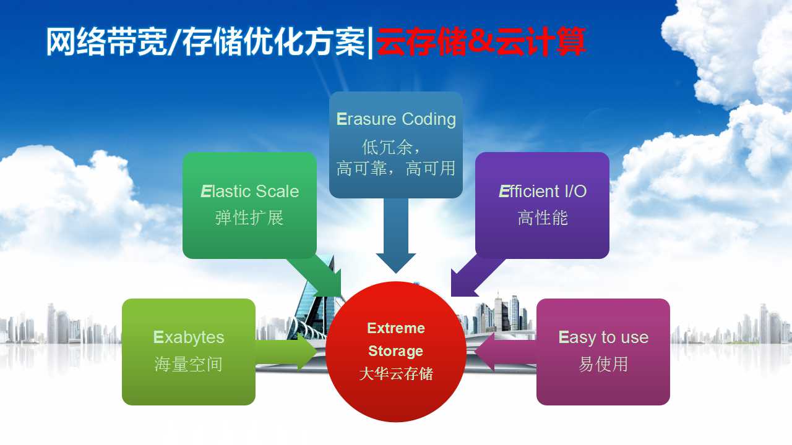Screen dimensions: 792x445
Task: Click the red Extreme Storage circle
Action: (x=395, y=352)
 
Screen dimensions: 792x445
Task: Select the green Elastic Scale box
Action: (x=249, y=205)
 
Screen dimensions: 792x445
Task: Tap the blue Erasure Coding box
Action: (x=396, y=145)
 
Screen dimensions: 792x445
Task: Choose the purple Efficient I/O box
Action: (x=542, y=205)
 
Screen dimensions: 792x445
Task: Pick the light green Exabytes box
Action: (x=189, y=352)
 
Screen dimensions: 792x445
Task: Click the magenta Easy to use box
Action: (x=603, y=352)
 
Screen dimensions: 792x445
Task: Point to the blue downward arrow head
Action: (x=396, y=263)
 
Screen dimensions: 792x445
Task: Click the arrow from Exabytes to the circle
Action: (x=286, y=352)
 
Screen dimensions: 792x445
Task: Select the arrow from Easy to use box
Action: (x=506, y=352)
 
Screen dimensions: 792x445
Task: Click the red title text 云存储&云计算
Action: (x=481, y=41)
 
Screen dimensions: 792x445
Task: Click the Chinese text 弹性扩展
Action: (x=249, y=218)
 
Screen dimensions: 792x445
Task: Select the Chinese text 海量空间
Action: (x=189, y=364)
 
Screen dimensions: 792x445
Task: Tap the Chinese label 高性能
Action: (x=543, y=218)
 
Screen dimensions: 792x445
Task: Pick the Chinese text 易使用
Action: (x=603, y=364)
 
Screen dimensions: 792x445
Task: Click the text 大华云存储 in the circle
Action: (x=396, y=374)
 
